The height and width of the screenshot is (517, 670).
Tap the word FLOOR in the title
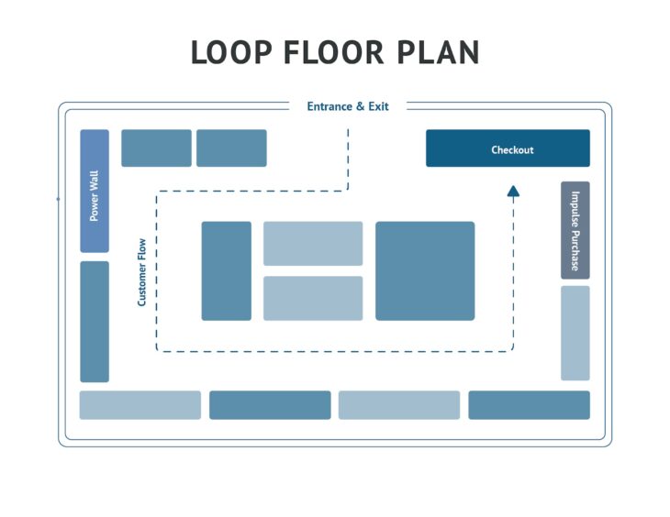pyautogui.click(x=335, y=53)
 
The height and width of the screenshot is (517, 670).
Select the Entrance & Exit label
pyautogui.click(x=347, y=106)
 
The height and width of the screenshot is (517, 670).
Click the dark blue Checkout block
pyautogui.click(x=508, y=148)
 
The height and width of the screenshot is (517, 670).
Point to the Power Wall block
pyautogui.click(x=95, y=191)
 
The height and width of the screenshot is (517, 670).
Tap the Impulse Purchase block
pyautogui.click(x=575, y=230)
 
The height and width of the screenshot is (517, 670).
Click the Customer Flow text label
pyautogui.click(x=141, y=271)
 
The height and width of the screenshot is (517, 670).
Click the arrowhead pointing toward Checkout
pyautogui.click(x=513, y=191)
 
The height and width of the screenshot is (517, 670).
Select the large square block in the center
pyautogui.click(x=425, y=270)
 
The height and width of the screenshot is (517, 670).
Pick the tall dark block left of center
pyautogui.click(x=226, y=270)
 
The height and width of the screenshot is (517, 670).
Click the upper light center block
pyautogui.click(x=313, y=243)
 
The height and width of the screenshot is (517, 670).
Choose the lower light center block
pyautogui.click(x=313, y=298)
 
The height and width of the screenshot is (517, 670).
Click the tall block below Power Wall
pyautogui.click(x=95, y=321)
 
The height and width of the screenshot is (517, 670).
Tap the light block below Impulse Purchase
pyautogui.click(x=575, y=333)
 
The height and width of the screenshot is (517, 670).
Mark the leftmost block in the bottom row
pyautogui.click(x=140, y=405)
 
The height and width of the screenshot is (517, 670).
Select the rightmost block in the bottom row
pyautogui.click(x=529, y=405)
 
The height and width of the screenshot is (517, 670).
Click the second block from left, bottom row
pyautogui.click(x=270, y=405)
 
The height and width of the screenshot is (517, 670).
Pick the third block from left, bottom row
pyautogui.click(x=399, y=405)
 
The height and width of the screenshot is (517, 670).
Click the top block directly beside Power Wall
pyautogui.click(x=156, y=148)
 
